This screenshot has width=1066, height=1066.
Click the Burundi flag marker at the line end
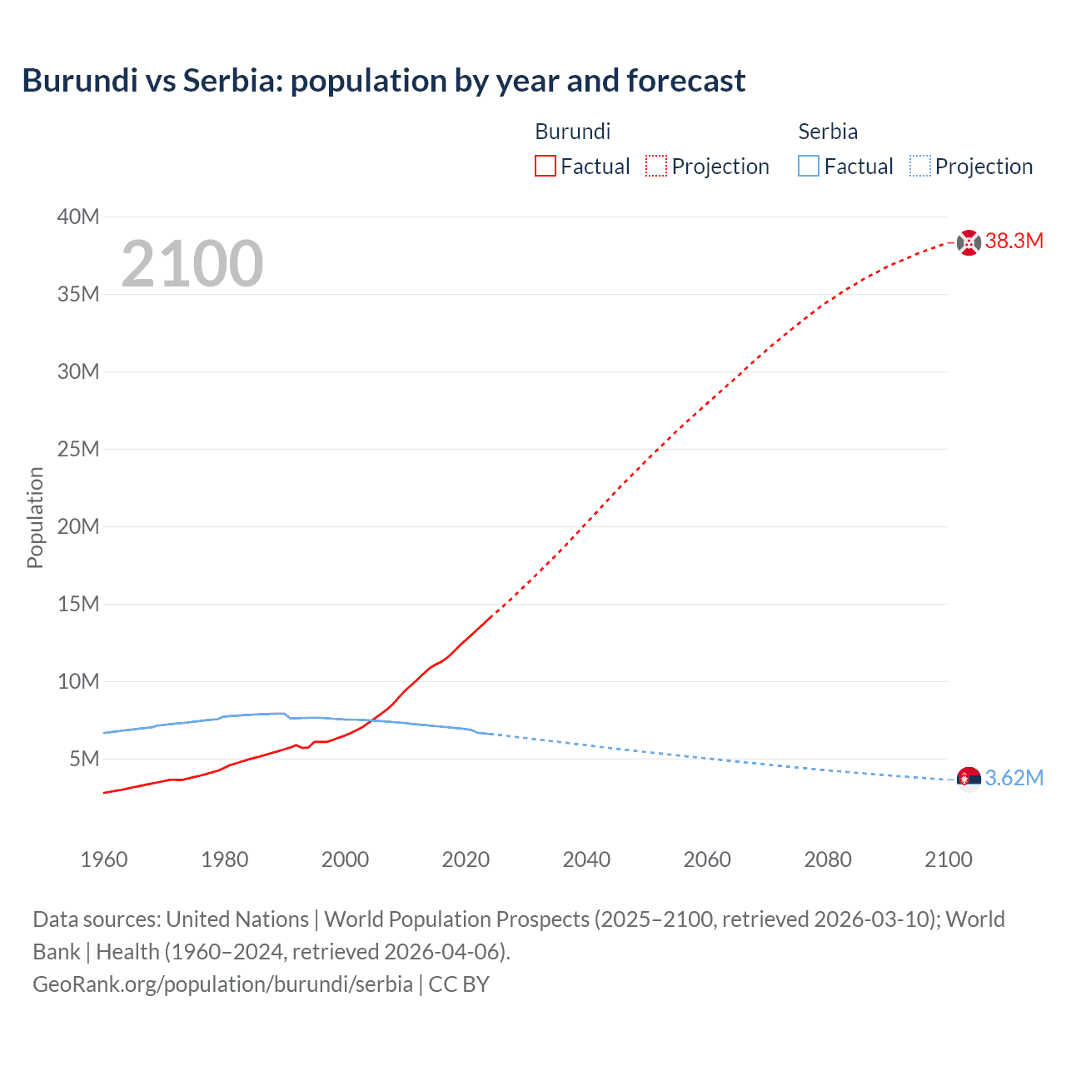(969, 242)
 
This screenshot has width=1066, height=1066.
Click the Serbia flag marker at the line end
(969, 780)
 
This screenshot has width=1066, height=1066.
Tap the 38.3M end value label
(1014, 242)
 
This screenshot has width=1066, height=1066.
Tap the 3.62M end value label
(1014, 779)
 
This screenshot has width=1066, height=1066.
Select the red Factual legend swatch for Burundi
(545, 167)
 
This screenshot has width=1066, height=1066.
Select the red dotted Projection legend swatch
(656, 167)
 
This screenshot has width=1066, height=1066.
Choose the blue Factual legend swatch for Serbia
(809, 167)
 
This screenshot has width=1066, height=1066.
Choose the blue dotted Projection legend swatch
(919, 167)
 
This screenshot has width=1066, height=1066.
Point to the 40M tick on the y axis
(77, 217)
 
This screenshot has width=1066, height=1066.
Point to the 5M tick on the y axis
(84, 760)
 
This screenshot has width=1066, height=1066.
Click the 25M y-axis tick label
(77, 450)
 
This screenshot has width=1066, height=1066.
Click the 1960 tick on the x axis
(104, 859)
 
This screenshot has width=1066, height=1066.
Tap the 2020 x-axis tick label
(466, 859)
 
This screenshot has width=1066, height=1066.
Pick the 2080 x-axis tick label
(828, 859)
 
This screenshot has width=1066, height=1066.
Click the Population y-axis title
(35, 517)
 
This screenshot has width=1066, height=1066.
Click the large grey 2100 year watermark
(192, 264)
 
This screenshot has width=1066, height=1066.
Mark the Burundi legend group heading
(572, 132)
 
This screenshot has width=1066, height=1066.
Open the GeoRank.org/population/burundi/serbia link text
(222, 984)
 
